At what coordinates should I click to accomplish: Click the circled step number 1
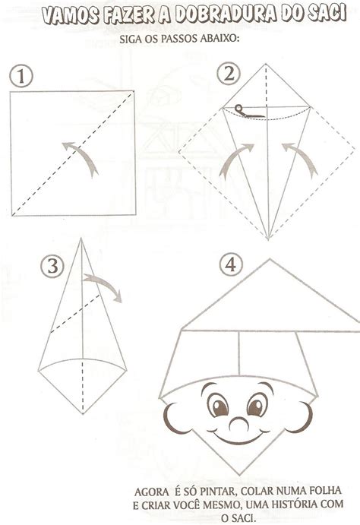(x=21, y=76)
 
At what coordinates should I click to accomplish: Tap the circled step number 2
(x=229, y=74)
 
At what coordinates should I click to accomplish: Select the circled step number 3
(x=52, y=267)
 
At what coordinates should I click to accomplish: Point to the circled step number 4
(x=231, y=264)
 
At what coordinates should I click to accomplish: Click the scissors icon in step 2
(x=248, y=112)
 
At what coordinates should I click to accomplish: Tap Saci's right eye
(x=257, y=404)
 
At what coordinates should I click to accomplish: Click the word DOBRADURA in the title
(x=226, y=15)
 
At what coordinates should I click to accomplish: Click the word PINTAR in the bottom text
(x=219, y=492)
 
